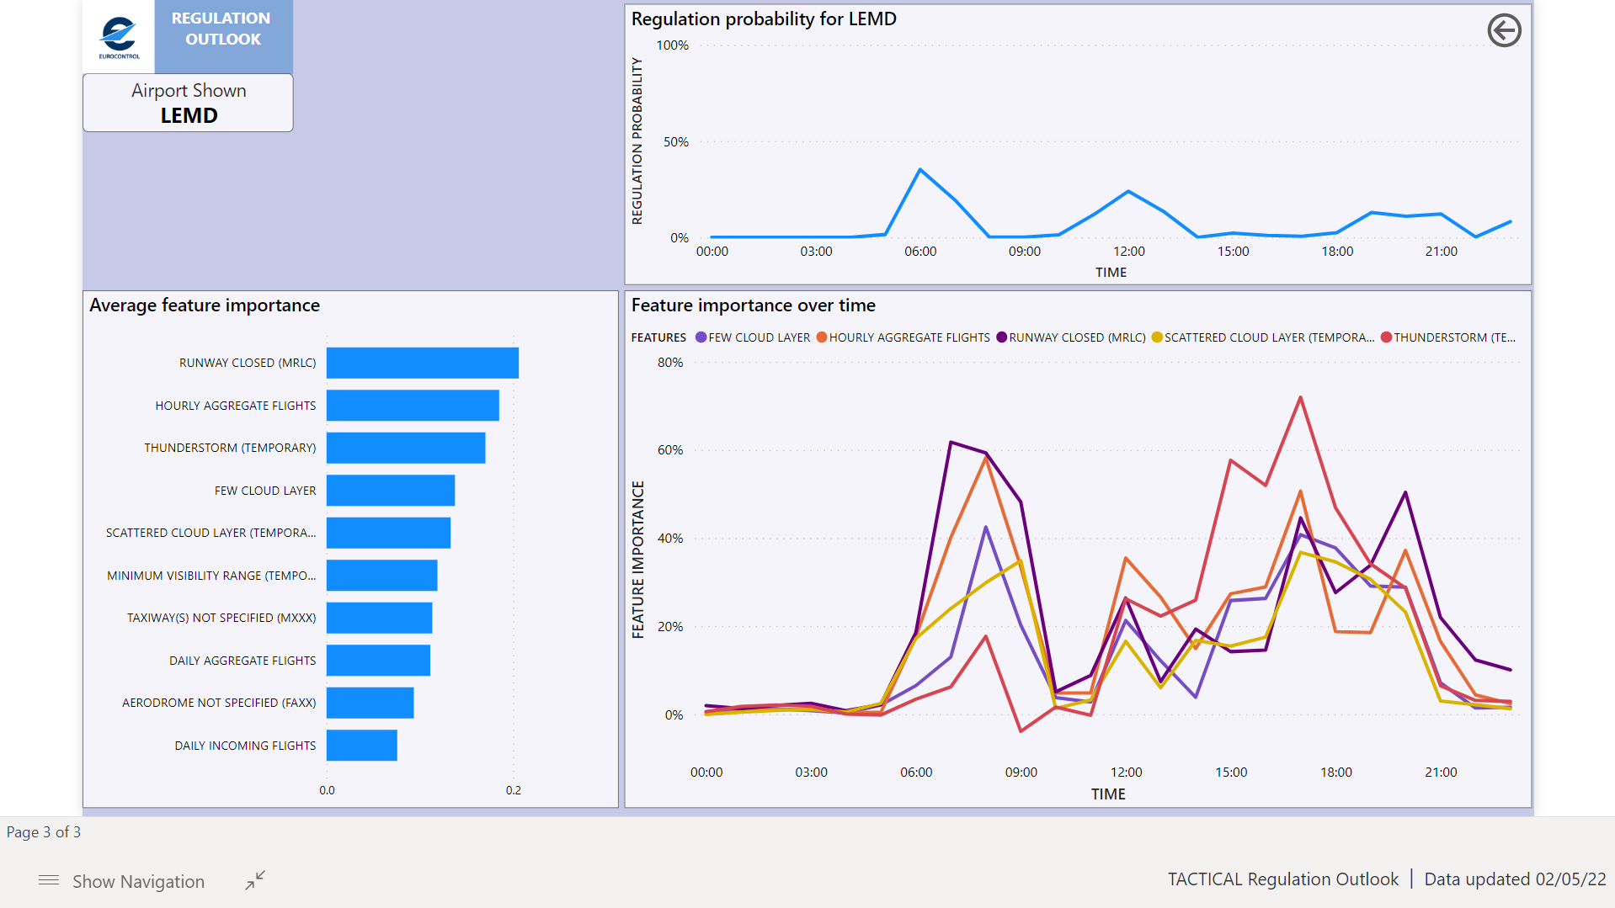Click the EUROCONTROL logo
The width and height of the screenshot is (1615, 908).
tap(119, 36)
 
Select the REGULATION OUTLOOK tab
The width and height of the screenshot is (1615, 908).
tap(222, 29)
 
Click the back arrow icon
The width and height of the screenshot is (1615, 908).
tap(1503, 30)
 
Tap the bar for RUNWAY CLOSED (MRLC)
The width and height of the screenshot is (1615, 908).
tap(422, 363)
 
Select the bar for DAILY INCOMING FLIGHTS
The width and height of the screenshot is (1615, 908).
tap(361, 746)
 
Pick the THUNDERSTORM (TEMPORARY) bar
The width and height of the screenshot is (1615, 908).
tap(405, 448)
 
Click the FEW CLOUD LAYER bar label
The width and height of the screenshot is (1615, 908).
tap(264, 491)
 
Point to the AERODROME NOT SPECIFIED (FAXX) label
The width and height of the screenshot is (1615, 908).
tap(218, 703)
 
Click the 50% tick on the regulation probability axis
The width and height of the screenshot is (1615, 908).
tap(675, 142)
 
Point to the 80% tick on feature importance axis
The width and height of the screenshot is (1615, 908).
tap(669, 363)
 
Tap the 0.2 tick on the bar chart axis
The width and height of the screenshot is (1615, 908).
tap(513, 790)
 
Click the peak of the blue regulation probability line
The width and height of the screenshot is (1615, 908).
tap(920, 170)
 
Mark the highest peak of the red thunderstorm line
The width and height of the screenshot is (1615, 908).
tap(1300, 397)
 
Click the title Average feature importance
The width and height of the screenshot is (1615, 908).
tap(205, 305)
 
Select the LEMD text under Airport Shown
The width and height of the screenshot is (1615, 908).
tap(189, 115)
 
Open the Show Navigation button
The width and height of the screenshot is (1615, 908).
tap(122, 881)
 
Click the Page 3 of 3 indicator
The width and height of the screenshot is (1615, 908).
tap(44, 832)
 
